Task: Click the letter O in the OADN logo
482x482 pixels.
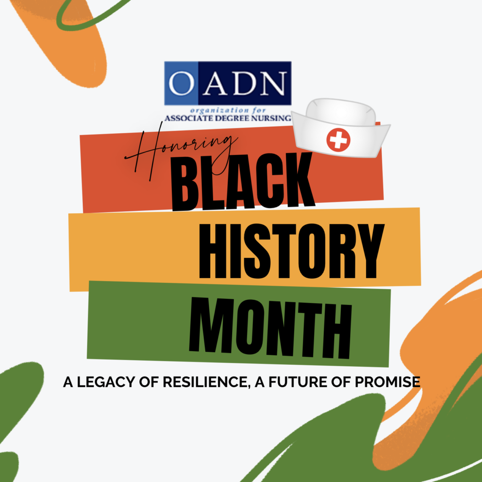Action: pos(181,83)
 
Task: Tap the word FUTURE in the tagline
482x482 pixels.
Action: pos(297,382)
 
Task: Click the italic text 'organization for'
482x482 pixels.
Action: pos(227,110)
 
